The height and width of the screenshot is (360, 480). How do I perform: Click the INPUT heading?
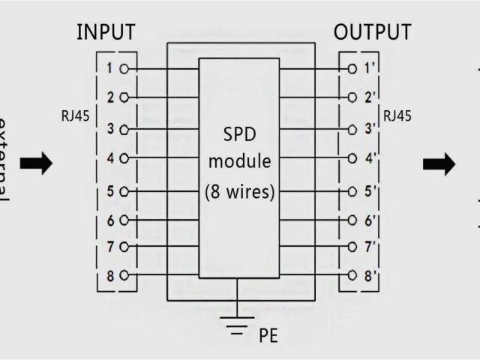click(106, 32)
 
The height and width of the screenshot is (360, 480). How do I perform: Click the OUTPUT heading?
click(372, 32)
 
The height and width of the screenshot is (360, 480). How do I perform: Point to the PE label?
click(268, 334)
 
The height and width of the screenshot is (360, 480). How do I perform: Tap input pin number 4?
click(109, 159)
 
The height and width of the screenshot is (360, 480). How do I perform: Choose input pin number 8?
click(109, 276)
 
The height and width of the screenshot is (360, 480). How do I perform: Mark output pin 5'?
click(369, 190)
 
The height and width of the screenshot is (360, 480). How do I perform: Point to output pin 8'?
click(369, 276)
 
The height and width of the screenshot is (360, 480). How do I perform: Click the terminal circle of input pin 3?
click(122, 128)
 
